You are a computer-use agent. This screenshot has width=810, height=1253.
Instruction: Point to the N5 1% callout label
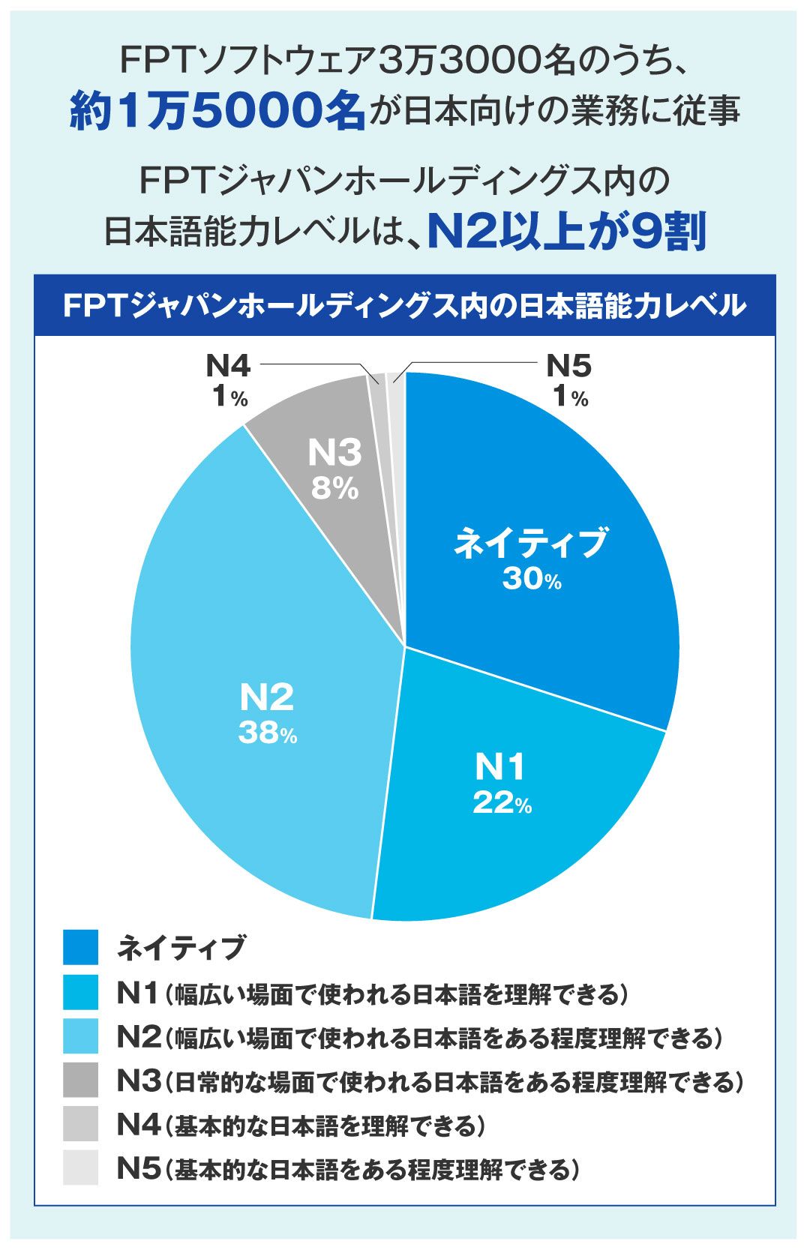(569, 382)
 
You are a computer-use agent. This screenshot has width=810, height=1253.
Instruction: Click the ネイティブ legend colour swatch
(80, 948)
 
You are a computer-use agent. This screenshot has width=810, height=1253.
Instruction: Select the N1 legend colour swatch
(80, 993)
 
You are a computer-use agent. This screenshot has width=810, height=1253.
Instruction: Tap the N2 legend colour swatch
(80, 1037)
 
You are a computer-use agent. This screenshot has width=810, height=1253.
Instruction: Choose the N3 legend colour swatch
(80, 1081)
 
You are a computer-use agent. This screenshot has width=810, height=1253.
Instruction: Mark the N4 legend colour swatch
(80, 1124)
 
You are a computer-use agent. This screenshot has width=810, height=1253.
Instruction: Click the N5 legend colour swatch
(80, 1168)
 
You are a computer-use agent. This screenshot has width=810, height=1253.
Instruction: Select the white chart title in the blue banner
(404, 306)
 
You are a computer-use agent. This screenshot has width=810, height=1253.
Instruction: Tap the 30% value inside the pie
(532, 580)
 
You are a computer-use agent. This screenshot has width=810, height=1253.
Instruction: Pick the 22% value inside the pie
(502, 803)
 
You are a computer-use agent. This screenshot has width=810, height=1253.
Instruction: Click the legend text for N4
(300, 1125)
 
